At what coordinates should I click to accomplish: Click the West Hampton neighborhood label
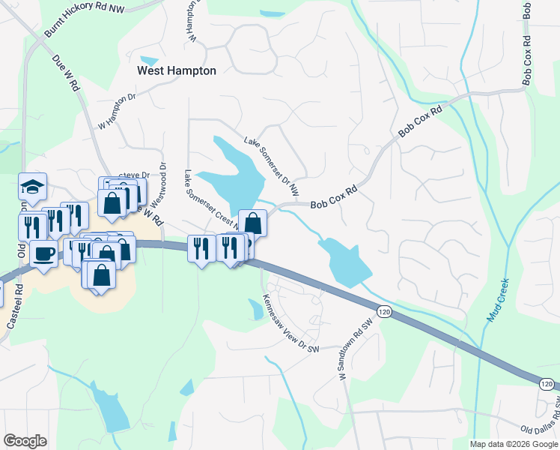177,70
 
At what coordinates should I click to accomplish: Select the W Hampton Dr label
118,111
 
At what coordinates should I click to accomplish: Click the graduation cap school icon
32,186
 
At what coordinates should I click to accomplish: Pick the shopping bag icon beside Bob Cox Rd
252,223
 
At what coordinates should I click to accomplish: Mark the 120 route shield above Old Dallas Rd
547,384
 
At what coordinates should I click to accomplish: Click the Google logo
25,441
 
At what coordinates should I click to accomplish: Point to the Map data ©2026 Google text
513,444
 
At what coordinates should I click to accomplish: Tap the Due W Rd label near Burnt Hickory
66,72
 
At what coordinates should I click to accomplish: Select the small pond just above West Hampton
150,61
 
